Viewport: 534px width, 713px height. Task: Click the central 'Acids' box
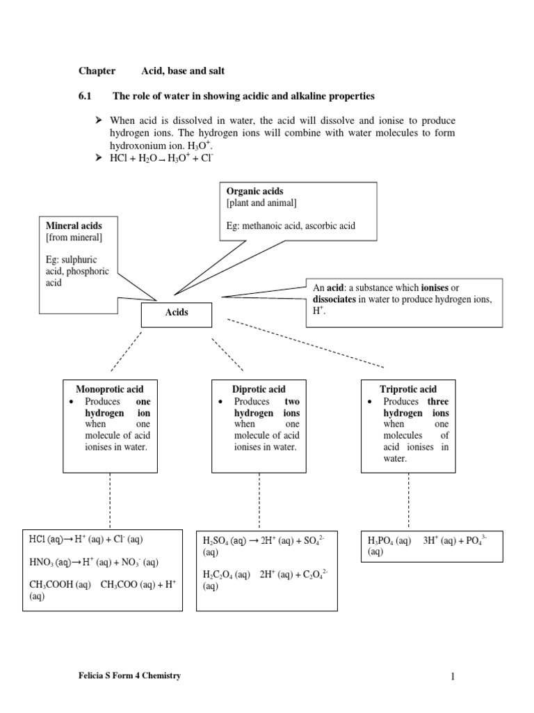click(177, 313)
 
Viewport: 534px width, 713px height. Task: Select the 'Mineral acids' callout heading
click(74, 226)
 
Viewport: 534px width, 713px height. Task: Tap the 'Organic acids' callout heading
click(255, 191)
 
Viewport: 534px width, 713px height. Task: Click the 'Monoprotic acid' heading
click(109, 389)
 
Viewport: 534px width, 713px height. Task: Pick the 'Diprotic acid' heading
click(259, 389)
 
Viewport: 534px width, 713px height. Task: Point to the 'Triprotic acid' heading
click(408, 389)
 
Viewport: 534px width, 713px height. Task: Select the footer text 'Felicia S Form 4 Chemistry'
click(131, 675)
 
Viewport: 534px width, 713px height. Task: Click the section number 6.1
click(85, 95)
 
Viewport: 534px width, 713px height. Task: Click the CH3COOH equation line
click(101, 585)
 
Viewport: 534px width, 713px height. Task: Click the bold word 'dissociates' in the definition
click(337, 299)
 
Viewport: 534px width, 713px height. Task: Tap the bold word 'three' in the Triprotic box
click(438, 401)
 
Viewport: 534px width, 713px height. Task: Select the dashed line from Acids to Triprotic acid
click(305, 343)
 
